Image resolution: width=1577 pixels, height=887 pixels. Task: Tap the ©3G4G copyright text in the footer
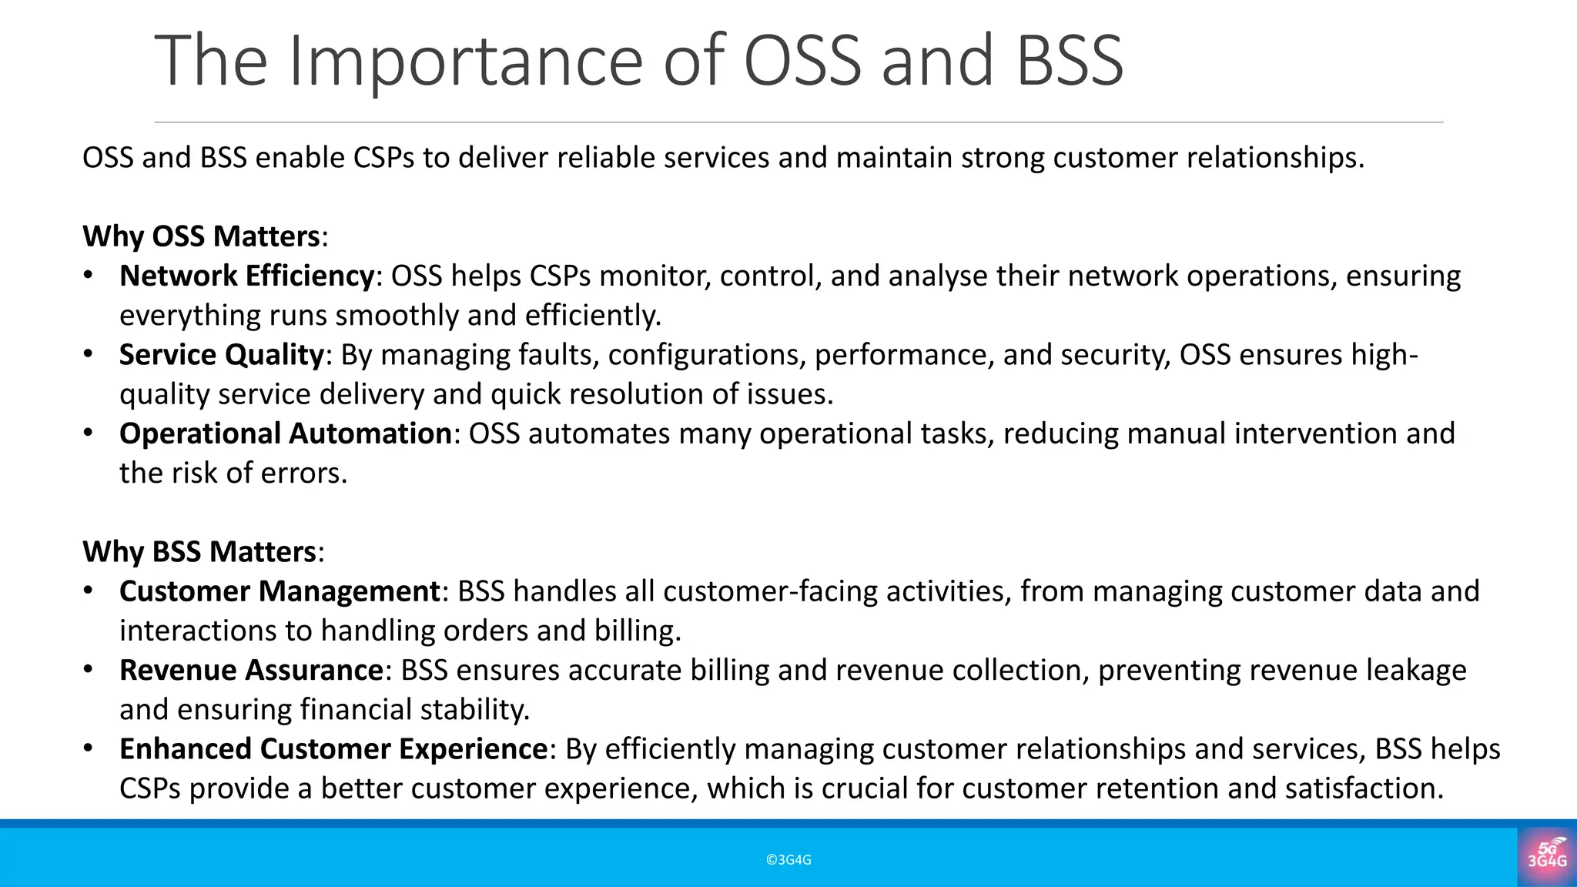(x=788, y=860)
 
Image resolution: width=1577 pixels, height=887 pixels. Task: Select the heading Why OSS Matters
(x=201, y=236)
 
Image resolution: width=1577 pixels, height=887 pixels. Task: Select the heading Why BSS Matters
(x=199, y=552)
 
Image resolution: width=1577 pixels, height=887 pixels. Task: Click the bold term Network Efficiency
(x=246, y=276)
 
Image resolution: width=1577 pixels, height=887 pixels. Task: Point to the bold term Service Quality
(x=222, y=355)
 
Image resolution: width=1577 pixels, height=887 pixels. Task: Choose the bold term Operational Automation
(x=285, y=433)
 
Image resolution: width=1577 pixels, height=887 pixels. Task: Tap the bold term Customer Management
(x=280, y=591)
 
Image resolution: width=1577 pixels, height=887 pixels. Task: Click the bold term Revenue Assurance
(x=251, y=670)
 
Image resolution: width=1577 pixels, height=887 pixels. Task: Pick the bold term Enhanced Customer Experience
(x=333, y=749)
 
